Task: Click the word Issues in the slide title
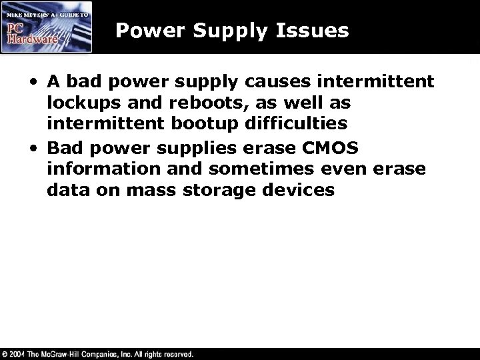pos(315,30)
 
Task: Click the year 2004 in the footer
pos(21,353)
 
